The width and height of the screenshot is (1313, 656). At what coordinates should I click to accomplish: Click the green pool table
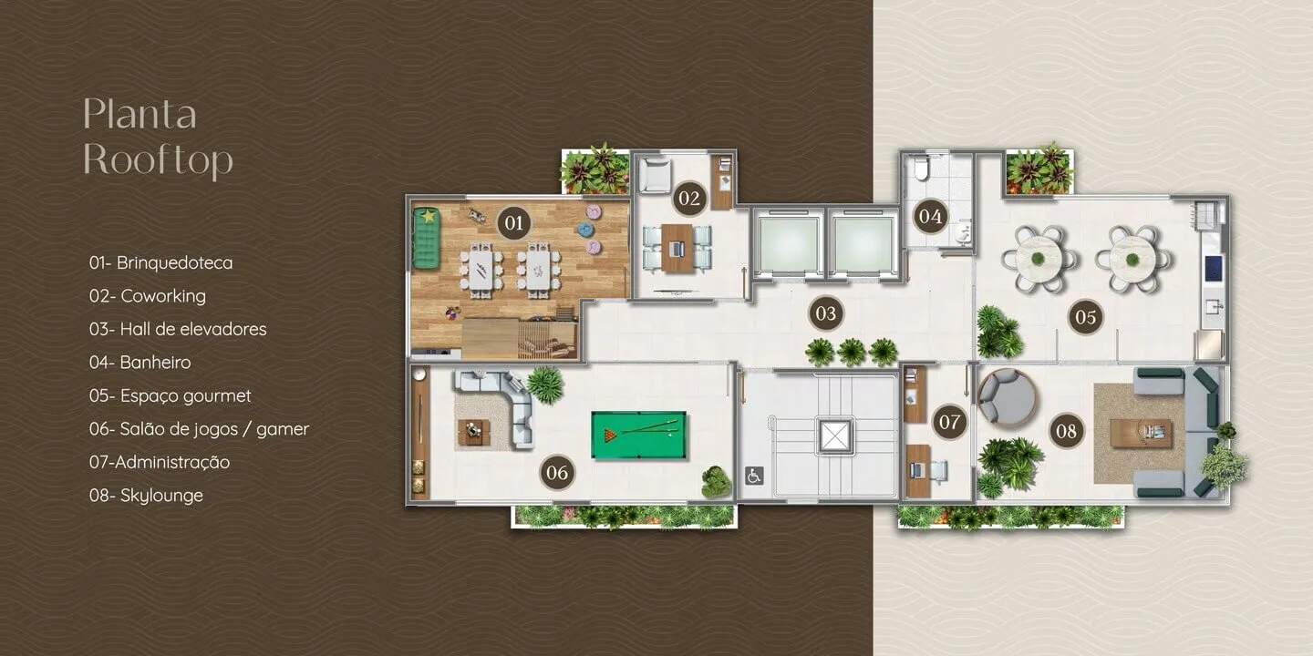(639, 436)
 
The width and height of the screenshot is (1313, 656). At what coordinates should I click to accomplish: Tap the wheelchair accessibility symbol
(754, 476)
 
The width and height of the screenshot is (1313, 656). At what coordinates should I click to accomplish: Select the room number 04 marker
(930, 216)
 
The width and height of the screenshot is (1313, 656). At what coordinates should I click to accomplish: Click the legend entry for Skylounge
(146, 496)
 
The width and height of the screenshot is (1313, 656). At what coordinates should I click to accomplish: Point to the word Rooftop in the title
(159, 160)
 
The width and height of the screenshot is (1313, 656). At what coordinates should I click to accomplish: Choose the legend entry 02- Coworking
(148, 296)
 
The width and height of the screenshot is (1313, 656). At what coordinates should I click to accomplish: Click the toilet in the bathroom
(922, 167)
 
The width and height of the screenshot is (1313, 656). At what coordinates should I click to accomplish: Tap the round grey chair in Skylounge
(1007, 396)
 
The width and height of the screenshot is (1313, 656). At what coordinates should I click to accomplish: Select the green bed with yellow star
(426, 238)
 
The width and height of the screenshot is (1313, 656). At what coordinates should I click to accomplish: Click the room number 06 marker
(557, 472)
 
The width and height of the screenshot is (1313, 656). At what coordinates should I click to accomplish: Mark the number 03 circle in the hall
(826, 313)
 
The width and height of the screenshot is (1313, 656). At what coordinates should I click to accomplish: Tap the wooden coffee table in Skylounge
(1141, 434)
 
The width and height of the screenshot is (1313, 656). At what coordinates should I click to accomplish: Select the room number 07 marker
(949, 422)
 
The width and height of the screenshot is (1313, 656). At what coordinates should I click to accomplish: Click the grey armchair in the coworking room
(655, 174)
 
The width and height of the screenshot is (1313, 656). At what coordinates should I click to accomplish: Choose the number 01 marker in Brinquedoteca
(514, 222)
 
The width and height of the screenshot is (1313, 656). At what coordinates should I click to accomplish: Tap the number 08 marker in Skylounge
(1066, 431)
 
